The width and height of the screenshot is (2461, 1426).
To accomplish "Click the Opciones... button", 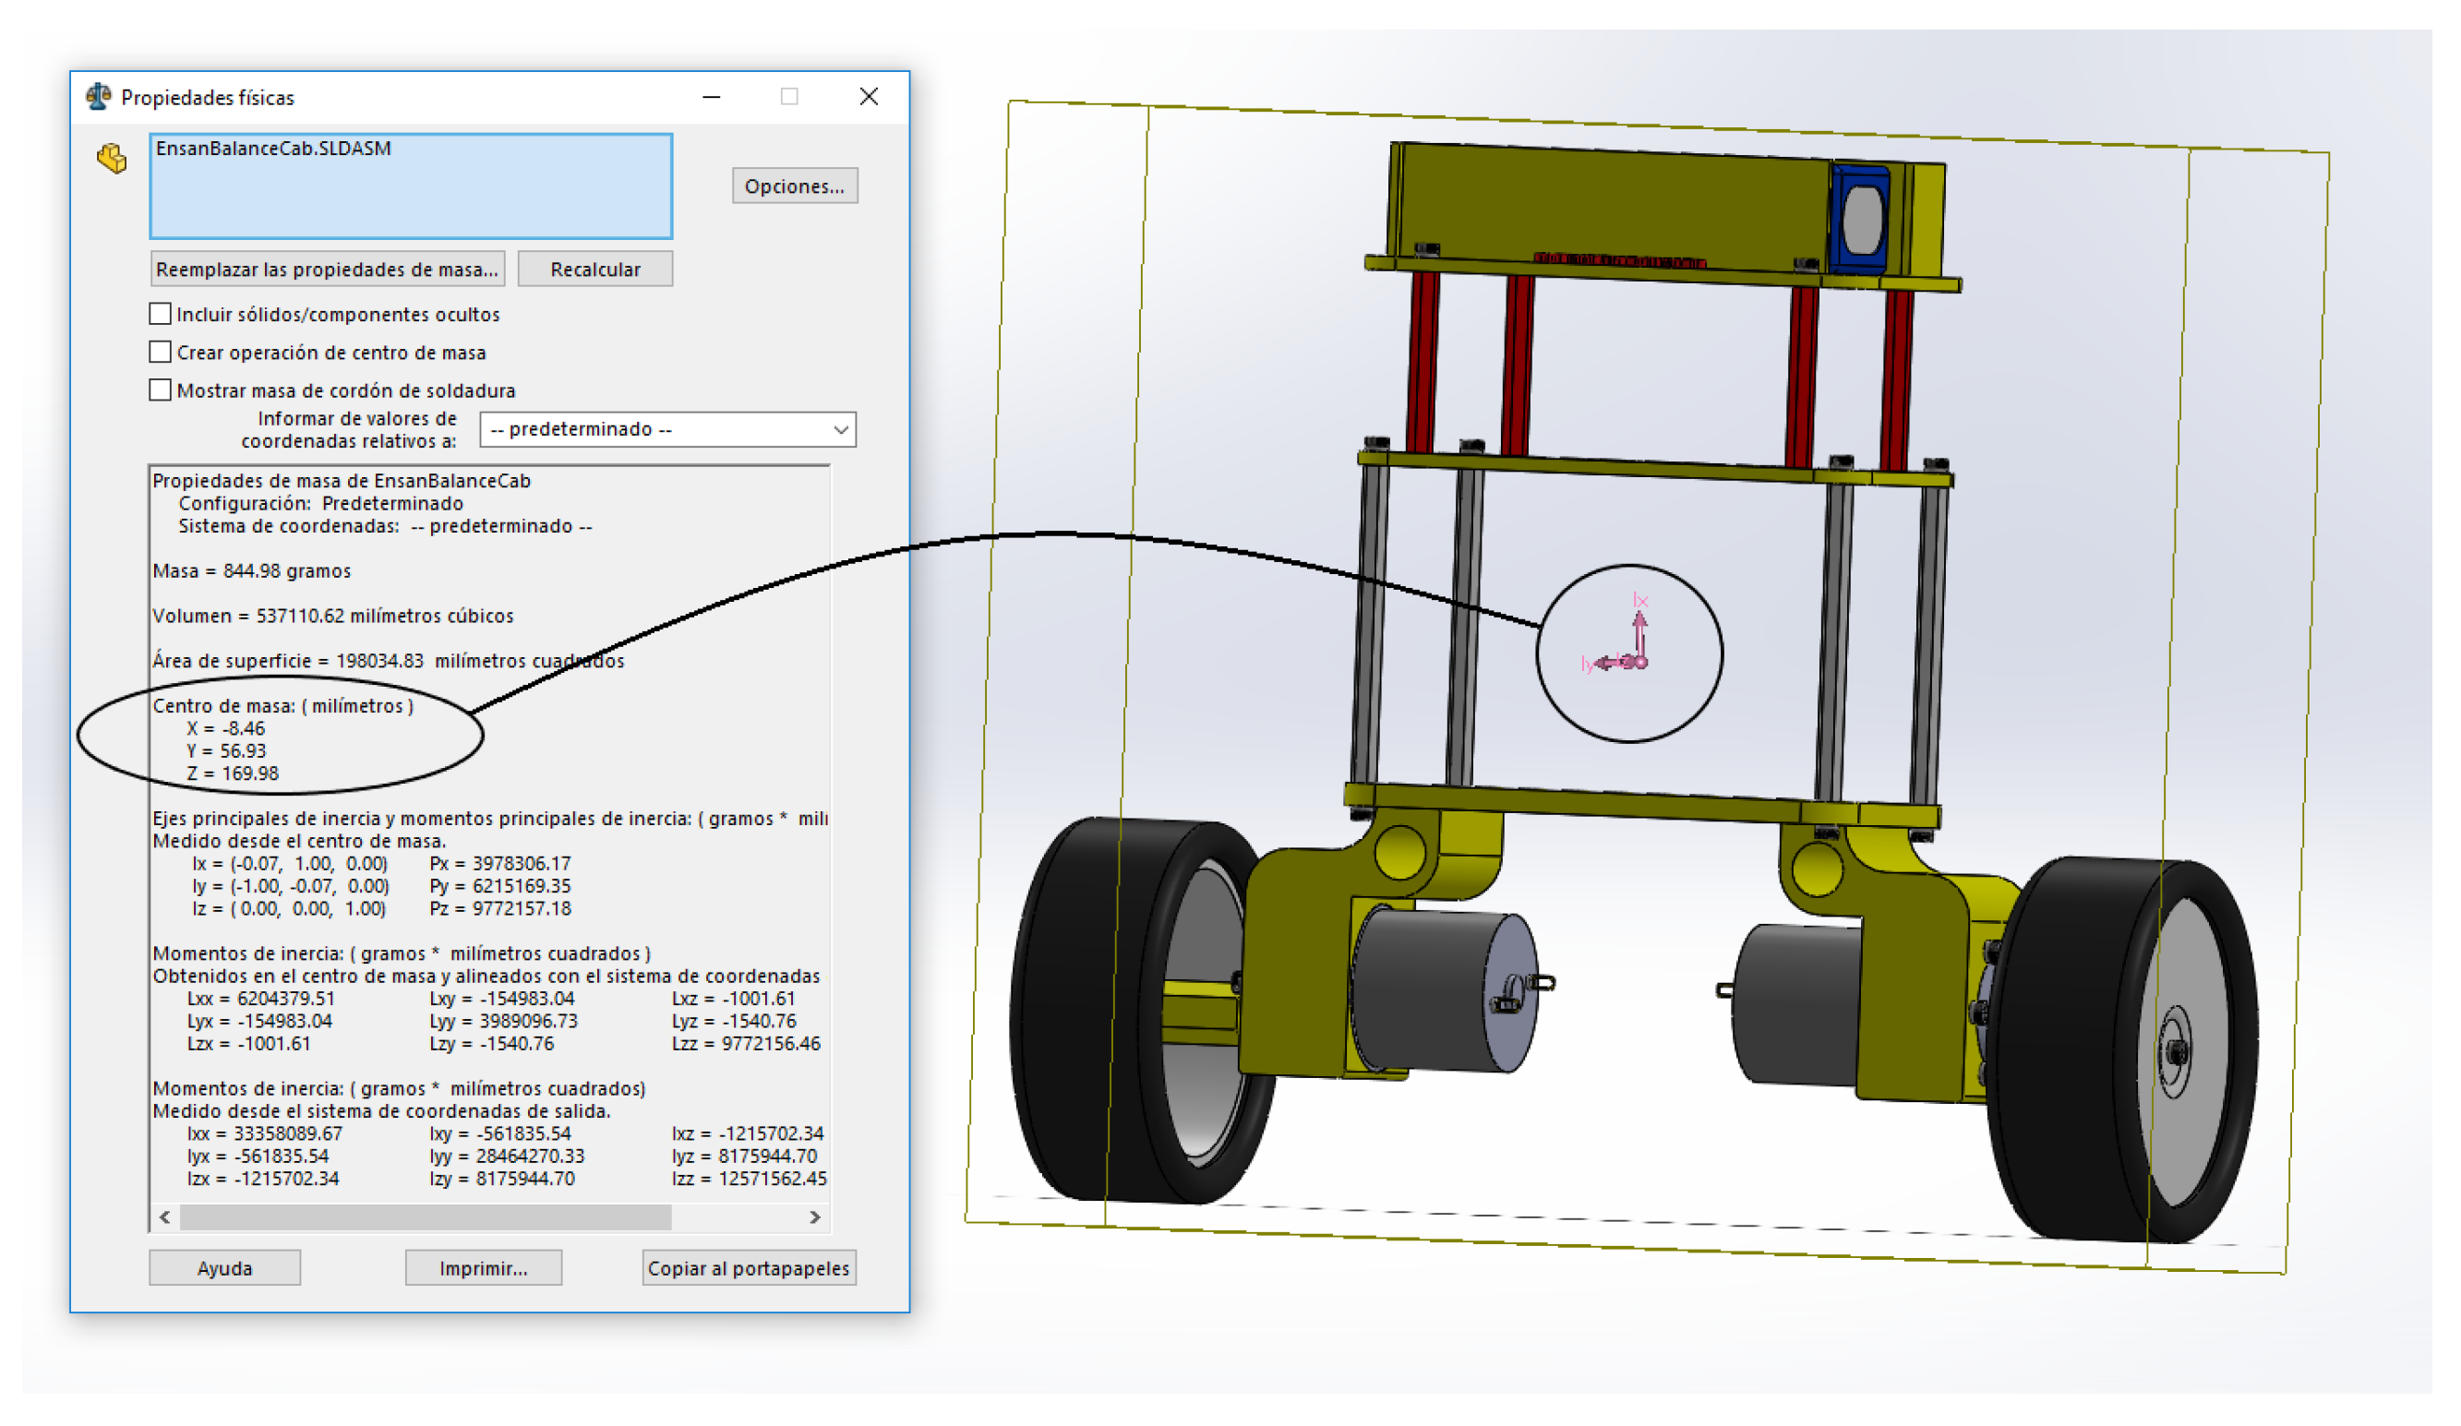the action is click(x=794, y=186).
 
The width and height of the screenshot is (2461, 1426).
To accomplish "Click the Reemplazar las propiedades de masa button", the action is click(x=327, y=269).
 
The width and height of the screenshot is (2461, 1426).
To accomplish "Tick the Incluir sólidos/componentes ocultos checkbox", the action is click(x=161, y=314).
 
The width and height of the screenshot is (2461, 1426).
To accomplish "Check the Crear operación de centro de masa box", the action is click(x=161, y=352).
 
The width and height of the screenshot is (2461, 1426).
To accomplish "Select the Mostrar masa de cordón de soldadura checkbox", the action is click(x=161, y=389).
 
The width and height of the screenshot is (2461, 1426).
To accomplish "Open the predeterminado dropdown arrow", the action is click(x=840, y=429).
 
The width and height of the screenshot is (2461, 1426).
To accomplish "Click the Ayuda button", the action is click(x=224, y=1268).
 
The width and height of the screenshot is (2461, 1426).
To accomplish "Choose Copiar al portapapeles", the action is click(x=749, y=1268).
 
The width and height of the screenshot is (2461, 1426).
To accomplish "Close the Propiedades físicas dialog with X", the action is click(x=869, y=96).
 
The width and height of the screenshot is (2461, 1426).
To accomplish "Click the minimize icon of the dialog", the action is click(x=711, y=97).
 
